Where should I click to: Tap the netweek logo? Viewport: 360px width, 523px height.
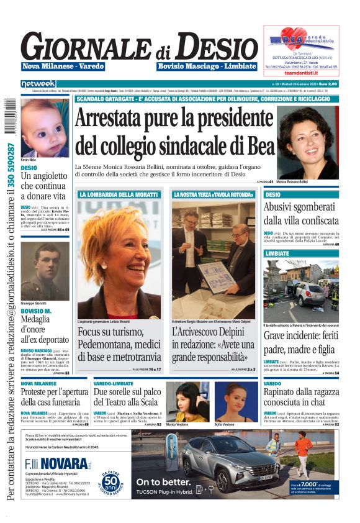pos(38,83)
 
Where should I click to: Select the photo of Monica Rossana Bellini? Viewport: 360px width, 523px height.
pos(308,142)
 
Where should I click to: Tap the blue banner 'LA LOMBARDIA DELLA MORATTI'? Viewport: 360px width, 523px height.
pos(119,194)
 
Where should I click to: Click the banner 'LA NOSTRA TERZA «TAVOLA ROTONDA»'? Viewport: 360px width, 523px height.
pos(213,194)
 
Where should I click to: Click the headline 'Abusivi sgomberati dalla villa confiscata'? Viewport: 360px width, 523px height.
pos(300,213)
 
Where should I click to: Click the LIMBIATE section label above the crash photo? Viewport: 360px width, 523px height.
pos(277,254)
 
